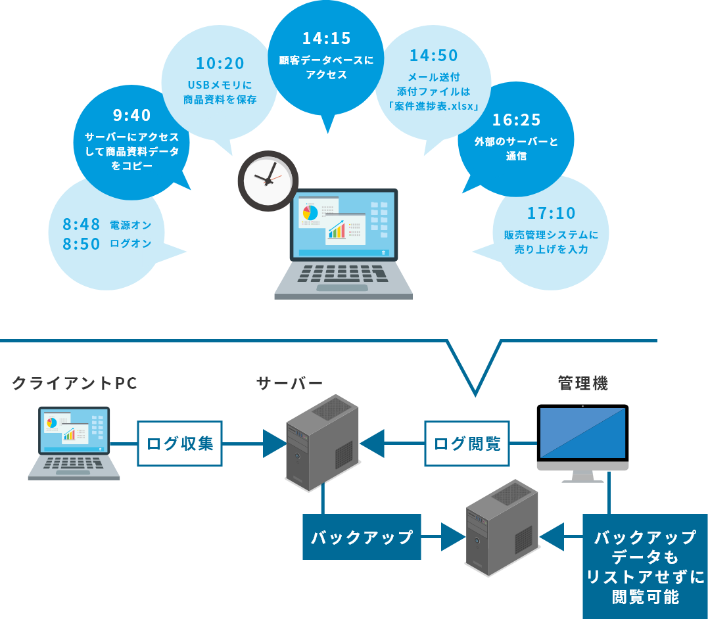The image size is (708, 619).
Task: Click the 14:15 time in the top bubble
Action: point(326,39)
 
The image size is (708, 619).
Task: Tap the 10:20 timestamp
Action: point(220,64)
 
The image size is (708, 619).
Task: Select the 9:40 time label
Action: point(131,116)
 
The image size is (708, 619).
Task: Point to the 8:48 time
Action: point(82,225)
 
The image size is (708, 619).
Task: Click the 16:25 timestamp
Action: point(516,120)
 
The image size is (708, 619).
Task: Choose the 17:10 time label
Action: point(551,213)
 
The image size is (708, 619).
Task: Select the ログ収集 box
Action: point(179,444)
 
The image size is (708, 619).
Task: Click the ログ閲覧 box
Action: point(467,444)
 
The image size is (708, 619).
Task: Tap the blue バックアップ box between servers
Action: point(362,537)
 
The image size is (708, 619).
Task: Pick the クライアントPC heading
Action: point(75,383)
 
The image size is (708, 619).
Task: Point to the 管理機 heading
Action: point(582,383)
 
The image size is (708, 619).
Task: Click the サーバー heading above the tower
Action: point(289,383)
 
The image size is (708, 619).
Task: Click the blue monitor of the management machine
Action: point(582,433)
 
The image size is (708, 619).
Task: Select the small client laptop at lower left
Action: point(74,444)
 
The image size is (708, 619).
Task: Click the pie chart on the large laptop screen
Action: point(310,213)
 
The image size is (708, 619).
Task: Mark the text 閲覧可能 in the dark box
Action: point(645,597)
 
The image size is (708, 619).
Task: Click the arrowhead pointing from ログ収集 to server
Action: point(273,444)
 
